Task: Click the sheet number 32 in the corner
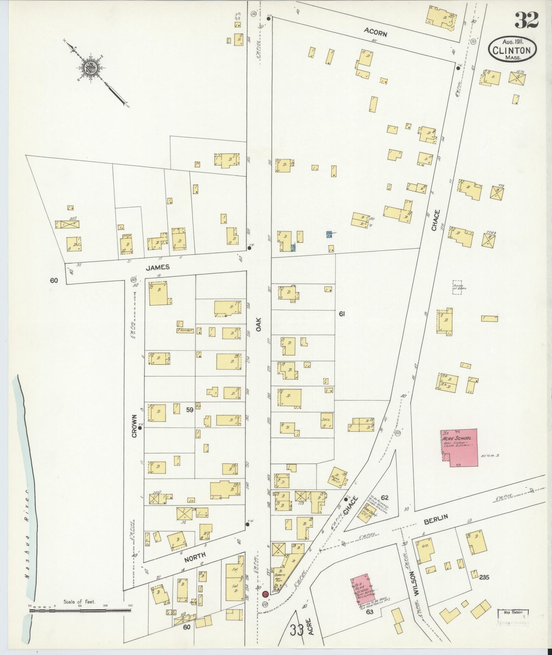(x=526, y=20)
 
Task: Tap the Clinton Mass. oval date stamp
(x=512, y=50)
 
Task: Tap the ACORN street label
(x=375, y=34)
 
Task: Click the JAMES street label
(x=158, y=267)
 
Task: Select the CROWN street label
(x=134, y=426)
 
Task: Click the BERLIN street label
(x=436, y=521)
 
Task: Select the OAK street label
(x=259, y=324)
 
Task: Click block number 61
(x=341, y=314)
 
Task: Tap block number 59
(x=190, y=409)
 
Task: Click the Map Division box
(x=513, y=615)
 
